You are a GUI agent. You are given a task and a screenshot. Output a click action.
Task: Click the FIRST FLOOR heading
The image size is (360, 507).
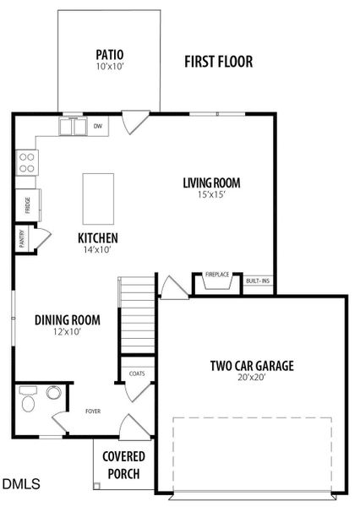coord(219,62)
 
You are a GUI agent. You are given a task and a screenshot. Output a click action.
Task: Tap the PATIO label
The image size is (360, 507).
coord(110,56)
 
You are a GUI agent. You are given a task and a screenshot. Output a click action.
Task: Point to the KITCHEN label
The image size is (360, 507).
coord(98,237)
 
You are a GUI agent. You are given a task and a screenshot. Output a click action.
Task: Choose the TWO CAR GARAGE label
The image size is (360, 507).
coord(252,366)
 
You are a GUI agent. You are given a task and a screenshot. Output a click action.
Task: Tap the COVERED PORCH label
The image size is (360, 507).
coord(122,465)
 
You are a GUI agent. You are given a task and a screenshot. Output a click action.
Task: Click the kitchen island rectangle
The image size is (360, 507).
coord(98,197)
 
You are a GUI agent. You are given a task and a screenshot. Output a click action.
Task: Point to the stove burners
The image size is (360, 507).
coord(27,161)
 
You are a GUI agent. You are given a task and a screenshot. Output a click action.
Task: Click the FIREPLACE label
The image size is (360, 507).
coord(217,275)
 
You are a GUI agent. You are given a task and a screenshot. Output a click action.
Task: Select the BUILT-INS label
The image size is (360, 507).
coord(258,281)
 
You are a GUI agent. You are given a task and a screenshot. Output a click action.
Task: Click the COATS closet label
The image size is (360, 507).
coord(135,373)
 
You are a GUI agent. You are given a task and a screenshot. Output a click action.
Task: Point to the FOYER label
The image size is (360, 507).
coord(92,412)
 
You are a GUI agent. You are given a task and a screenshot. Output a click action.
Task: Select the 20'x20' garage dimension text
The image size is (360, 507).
coord(252,379)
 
